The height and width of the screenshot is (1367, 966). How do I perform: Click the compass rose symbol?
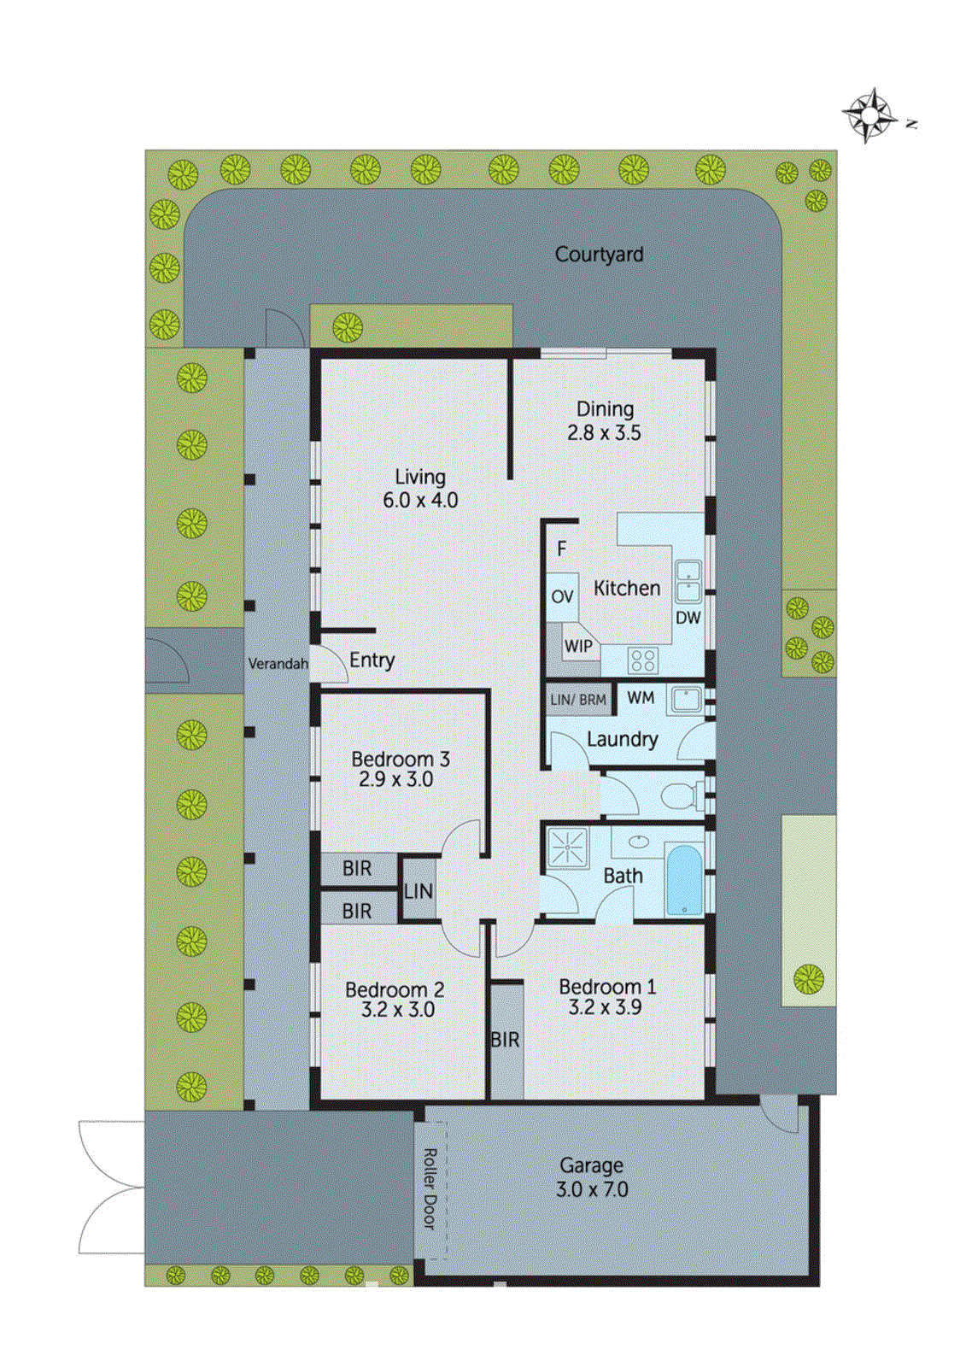pos(869,114)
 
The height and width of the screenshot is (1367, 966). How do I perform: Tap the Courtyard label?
pos(599,255)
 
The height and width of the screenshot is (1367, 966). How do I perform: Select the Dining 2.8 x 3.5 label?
pos(605,421)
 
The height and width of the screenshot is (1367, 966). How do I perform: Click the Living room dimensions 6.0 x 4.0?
pos(420,501)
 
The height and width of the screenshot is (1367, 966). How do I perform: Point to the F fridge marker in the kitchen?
pos(561,549)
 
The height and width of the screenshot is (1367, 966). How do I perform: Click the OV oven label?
pos(562,596)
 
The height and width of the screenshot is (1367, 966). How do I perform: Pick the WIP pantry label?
pos(578,647)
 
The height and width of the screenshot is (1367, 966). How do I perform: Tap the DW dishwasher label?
pos(688,618)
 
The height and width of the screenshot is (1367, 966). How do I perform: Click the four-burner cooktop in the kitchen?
pos(643,660)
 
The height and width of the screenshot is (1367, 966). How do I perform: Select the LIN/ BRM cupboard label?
pos(578,701)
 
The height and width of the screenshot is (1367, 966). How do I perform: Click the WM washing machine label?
pos(641,698)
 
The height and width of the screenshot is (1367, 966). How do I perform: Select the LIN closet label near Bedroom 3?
pos(419,892)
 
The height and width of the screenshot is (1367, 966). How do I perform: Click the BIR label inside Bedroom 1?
pos(505,1040)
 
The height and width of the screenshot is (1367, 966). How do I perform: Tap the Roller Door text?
pos(430,1188)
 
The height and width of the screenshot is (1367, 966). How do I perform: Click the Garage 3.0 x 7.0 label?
pos(592,1177)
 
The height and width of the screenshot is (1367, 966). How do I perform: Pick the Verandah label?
pos(278,664)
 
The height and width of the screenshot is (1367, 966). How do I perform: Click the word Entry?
pos(372,660)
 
